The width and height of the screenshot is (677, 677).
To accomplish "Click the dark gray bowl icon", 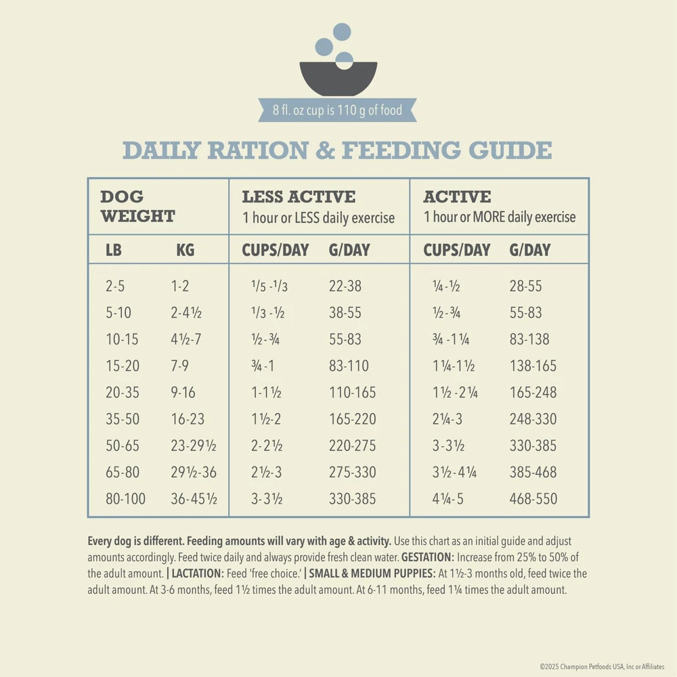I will tap(338, 77).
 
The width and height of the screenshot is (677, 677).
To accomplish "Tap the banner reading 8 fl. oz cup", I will tap(338, 110).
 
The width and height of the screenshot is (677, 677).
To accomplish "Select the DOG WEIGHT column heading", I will tap(137, 206).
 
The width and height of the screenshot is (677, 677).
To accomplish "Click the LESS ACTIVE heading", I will tap(299, 197).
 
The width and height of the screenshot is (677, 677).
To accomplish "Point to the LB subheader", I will tap(114, 250).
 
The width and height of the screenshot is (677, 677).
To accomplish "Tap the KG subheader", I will tap(185, 250).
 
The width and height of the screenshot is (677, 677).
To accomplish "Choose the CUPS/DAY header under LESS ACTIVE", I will tap(275, 250).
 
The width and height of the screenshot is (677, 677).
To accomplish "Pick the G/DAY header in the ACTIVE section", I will tap(530, 250).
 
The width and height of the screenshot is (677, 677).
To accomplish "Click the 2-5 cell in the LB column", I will tap(115, 286).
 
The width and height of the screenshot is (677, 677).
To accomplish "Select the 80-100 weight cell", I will tap(125, 499).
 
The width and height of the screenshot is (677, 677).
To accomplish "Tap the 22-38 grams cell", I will tap(345, 286).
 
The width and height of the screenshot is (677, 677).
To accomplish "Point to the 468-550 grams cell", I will tap(533, 499).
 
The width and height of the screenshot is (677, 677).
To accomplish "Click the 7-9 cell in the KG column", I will tap(180, 366).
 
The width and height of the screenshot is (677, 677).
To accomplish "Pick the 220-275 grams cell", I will tap(352, 445).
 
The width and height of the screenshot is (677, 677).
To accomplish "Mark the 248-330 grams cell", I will tap(533, 419).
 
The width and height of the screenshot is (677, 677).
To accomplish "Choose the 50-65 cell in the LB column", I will tap(123, 445).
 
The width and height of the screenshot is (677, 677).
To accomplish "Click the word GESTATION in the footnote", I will tap(427, 558).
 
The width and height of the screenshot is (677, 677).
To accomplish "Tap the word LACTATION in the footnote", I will tap(198, 573).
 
